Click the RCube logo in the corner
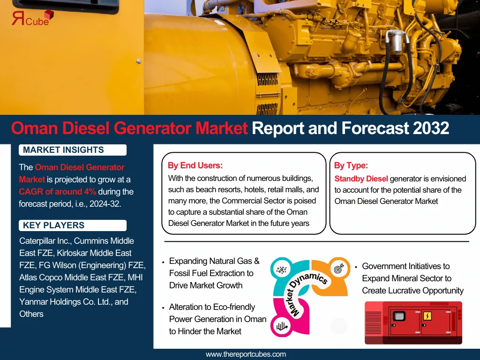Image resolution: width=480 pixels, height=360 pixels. tap(32, 18)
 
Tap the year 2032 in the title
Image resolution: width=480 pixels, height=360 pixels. tap(431, 128)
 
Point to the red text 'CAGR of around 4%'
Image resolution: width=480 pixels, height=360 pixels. tap(57, 192)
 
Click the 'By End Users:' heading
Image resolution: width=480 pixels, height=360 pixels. tap(195, 165)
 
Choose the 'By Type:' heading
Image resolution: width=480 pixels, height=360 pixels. tap(351, 165)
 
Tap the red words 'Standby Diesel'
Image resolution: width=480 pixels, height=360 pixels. tap(361, 179)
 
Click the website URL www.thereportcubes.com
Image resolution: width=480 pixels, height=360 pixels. tap(246, 354)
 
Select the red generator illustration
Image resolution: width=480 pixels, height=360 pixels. tap(413, 322)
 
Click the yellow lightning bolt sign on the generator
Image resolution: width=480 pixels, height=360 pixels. tap(427, 315)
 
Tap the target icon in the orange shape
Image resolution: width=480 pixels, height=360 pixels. tap(339, 269)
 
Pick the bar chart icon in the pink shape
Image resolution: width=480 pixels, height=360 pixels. tap(282, 326)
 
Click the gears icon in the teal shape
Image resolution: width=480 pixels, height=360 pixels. tap(281, 270)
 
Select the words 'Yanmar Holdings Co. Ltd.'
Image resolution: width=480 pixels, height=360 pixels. tap(66, 302)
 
